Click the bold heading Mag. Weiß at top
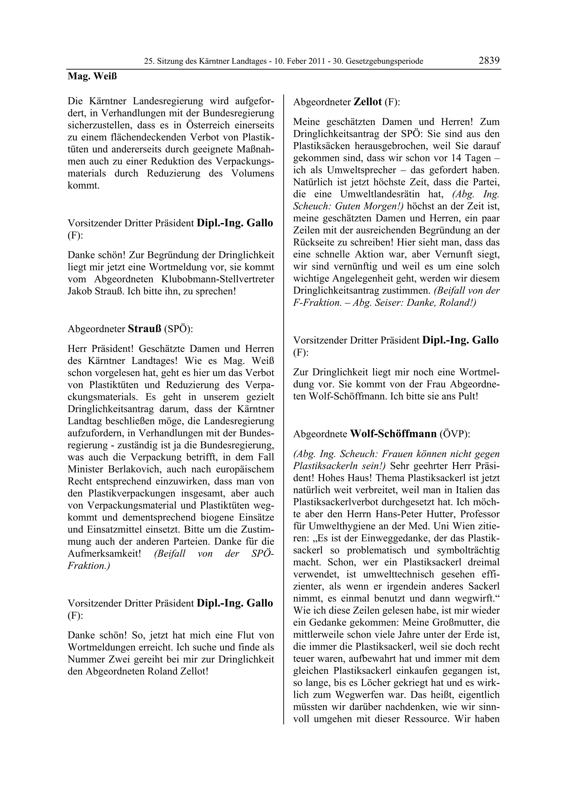[x=92, y=76]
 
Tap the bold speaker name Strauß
[x=144, y=329]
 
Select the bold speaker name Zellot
[x=367, y=102]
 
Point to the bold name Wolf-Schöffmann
[x=393, y=434]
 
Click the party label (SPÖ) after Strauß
[x=178, y=329]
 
